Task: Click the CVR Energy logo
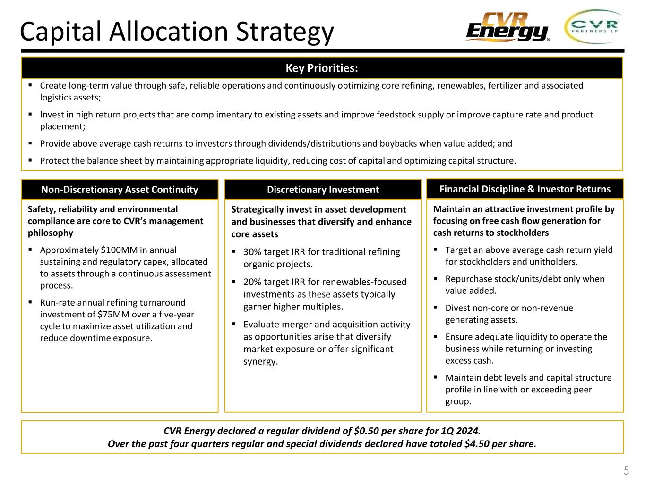tap(507, 27)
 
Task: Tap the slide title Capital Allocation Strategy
tap(177, 32)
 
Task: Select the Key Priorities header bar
tap(322, 68)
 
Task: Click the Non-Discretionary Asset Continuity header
tap(120, 190)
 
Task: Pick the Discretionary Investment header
tap(323, 190)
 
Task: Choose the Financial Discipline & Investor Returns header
tap(525, 189)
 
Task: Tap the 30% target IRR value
tap(252, 252)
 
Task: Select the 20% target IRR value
tap(252, 282)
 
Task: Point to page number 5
tap(626, 470)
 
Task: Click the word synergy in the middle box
tap(260, 362)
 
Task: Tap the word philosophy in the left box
tap(51, 233)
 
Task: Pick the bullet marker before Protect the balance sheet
tap(30, 160)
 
